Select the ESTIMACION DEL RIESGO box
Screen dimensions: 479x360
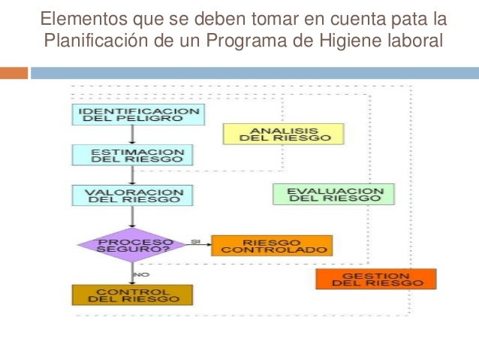133,155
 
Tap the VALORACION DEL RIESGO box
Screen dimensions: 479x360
133,195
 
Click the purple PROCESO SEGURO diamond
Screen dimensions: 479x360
131,245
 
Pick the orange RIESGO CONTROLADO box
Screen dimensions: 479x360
271,246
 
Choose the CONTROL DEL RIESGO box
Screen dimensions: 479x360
133,294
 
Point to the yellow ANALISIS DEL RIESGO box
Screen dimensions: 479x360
283,134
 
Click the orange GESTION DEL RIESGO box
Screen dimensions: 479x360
375,279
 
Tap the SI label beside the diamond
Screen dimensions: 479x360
195,241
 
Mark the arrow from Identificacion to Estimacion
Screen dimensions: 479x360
133,135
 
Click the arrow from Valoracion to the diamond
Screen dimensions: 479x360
133,216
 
